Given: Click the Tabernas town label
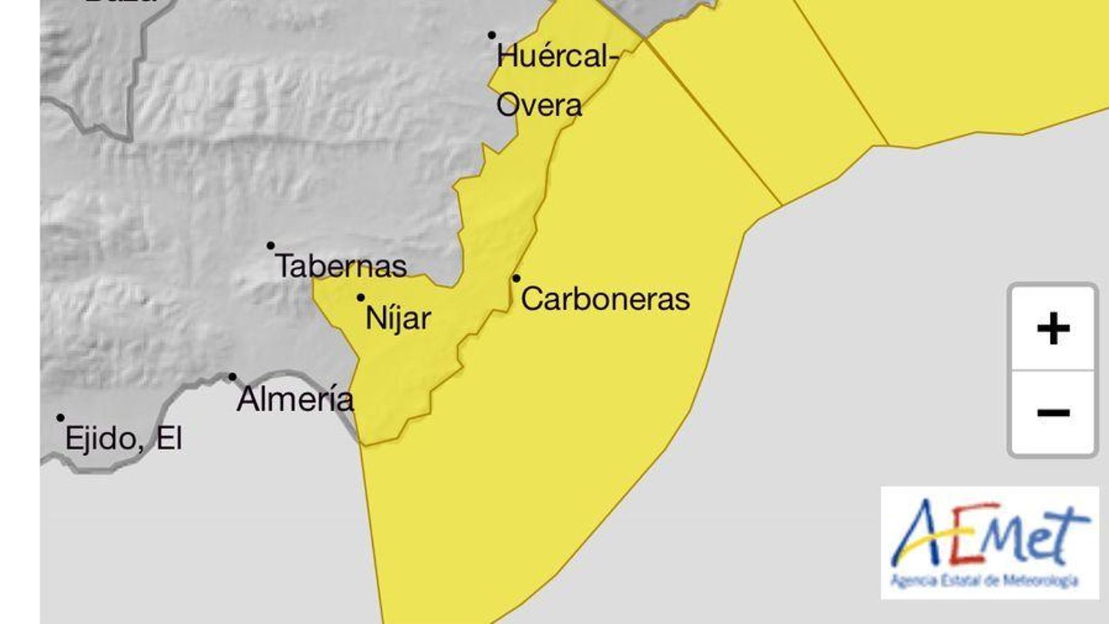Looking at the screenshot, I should click(x=341, y=266).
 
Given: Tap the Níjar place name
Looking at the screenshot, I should click(x=398, y=319).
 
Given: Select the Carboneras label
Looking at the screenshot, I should click(x=605, y=300).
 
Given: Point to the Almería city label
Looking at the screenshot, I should click(x=295, y=399).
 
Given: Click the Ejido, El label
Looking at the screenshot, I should click(x=123, y=439).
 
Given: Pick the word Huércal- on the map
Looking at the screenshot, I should click(x=557, y=56).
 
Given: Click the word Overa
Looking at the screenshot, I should click(x=539, y=105).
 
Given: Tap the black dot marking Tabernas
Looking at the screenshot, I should click(x=271, y=245).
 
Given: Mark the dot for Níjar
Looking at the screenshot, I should click(x=360, y=298).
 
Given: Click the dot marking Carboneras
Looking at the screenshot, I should click(x=516, y=279).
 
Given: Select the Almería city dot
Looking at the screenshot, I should click(x=232, y=377).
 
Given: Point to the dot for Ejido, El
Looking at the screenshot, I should click(x=61, y=418).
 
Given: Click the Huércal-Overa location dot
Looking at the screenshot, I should click(x=491, y=35).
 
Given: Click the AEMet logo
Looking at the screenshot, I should click(x=990, y=542).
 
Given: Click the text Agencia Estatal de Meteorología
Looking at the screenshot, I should click(x=984, y=580).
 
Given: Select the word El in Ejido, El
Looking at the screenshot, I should click(x=169, y=439).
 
